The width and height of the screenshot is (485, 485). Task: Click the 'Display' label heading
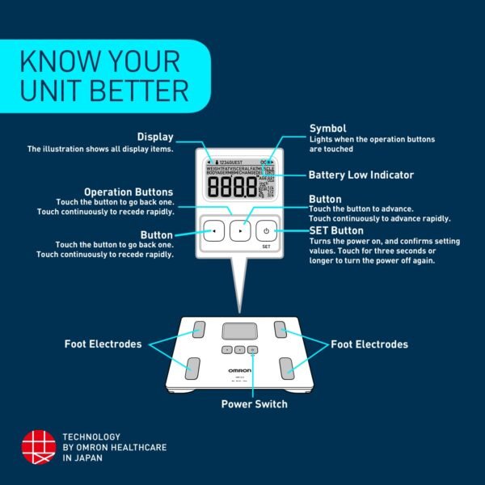[x=155, y=137]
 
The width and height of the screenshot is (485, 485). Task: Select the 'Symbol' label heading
[x=328, y=129]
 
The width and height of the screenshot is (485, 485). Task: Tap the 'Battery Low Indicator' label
[x=361, y=175]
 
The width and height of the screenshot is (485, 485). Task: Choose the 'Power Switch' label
[x=255, y=403]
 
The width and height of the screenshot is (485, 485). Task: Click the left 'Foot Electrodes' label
[x=103, y=344]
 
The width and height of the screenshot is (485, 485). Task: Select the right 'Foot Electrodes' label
[x=369, y=344]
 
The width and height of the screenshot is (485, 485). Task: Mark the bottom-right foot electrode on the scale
[x=289, y=369]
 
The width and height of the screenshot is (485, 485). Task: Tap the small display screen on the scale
[x=237, y=331]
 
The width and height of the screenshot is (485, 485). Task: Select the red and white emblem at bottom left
[x=37, y=447]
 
